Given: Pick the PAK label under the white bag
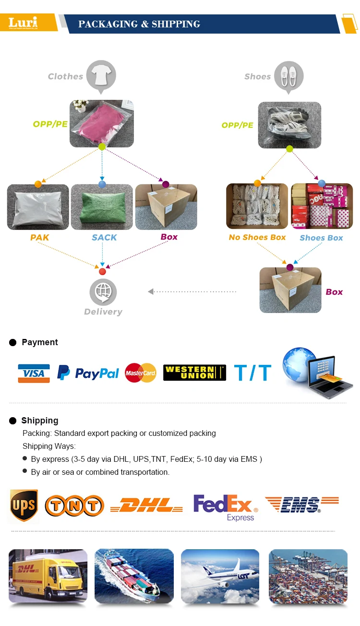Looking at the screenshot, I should (x=40, y=237).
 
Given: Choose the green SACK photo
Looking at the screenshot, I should (x=102, y=207).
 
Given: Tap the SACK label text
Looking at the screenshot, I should (x=104, y=237).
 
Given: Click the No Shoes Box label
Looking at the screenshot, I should (x=257, y=237).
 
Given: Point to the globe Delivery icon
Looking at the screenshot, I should (x=103, y=291).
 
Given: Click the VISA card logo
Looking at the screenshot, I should (x=34, y=373).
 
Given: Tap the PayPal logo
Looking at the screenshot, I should (x=88, y=373).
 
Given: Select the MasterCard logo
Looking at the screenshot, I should (x=141, y=373).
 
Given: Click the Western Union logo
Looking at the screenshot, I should (x=194, y=373).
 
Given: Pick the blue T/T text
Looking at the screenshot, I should (x=252, y=373).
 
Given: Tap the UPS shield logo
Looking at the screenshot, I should (x=24, y=506).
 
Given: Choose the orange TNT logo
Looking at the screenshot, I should (x=74, y=506).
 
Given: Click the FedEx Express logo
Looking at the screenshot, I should (x=225, y=507).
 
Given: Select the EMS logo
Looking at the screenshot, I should (x=301, y=505).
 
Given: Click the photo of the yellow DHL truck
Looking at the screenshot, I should (x=48, y=576).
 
